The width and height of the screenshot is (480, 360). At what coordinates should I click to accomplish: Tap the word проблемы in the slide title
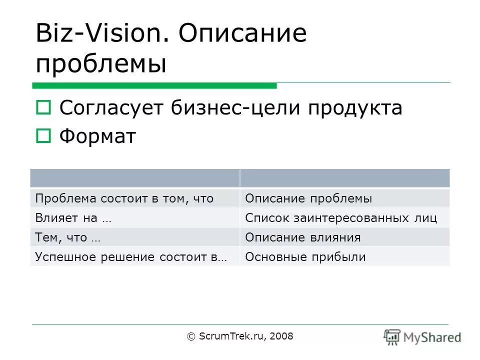101,64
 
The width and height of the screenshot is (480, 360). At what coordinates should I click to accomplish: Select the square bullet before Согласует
43,107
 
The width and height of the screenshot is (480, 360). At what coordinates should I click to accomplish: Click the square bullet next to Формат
43,136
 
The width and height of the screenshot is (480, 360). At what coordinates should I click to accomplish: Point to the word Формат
97,136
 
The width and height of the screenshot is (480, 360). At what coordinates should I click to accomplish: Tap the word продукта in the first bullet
354,107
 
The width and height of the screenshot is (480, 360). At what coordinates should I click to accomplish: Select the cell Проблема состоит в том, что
124,198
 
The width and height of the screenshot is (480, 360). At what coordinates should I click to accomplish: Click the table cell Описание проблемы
308,198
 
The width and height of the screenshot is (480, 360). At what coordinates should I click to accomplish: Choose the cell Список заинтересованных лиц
341,218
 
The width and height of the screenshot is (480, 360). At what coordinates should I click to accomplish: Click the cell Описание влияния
302,237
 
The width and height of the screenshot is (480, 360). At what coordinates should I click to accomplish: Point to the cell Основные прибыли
305,257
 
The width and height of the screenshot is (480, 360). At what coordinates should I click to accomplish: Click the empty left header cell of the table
134,178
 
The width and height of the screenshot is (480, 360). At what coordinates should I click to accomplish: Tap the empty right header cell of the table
344,178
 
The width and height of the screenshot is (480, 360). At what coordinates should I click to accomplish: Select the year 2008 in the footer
281,336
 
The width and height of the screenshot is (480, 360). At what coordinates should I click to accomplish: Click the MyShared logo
422,337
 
